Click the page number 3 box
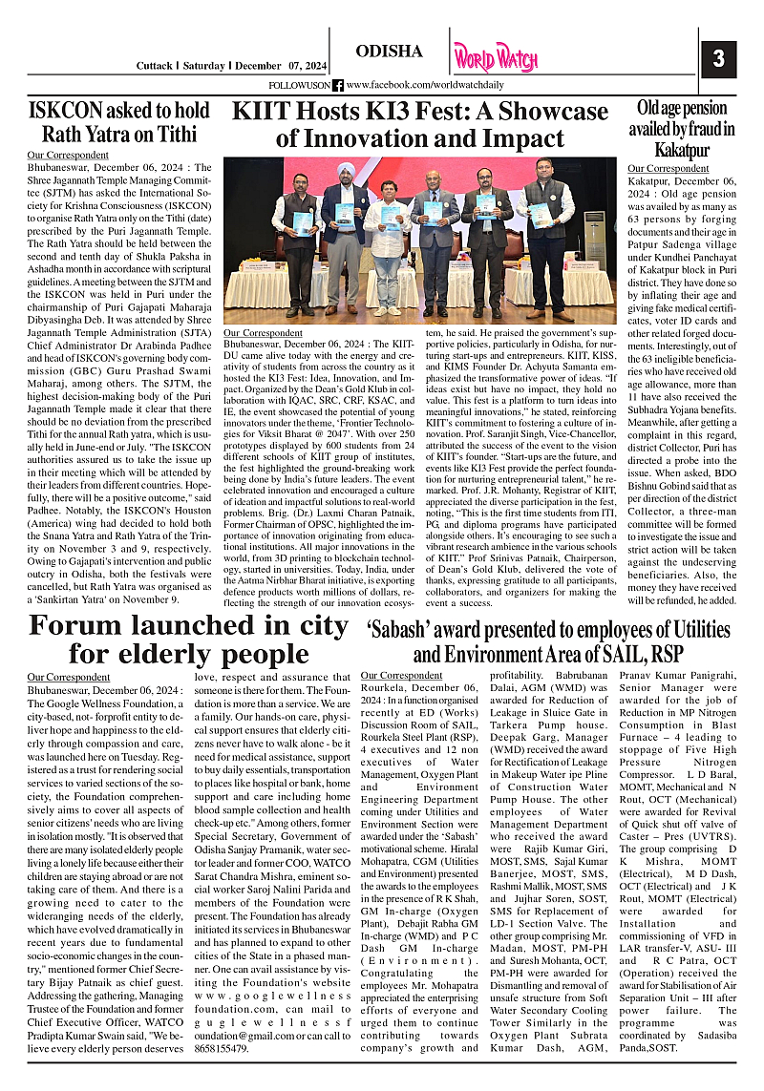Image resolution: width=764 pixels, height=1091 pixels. coord(718,58)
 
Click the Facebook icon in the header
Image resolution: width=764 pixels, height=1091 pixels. coord(338,85)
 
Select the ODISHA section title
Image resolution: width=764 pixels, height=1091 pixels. coord(389,51)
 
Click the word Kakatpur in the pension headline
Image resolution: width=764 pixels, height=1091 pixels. coord(681,151)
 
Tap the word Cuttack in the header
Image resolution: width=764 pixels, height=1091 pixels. coord(154,66)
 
